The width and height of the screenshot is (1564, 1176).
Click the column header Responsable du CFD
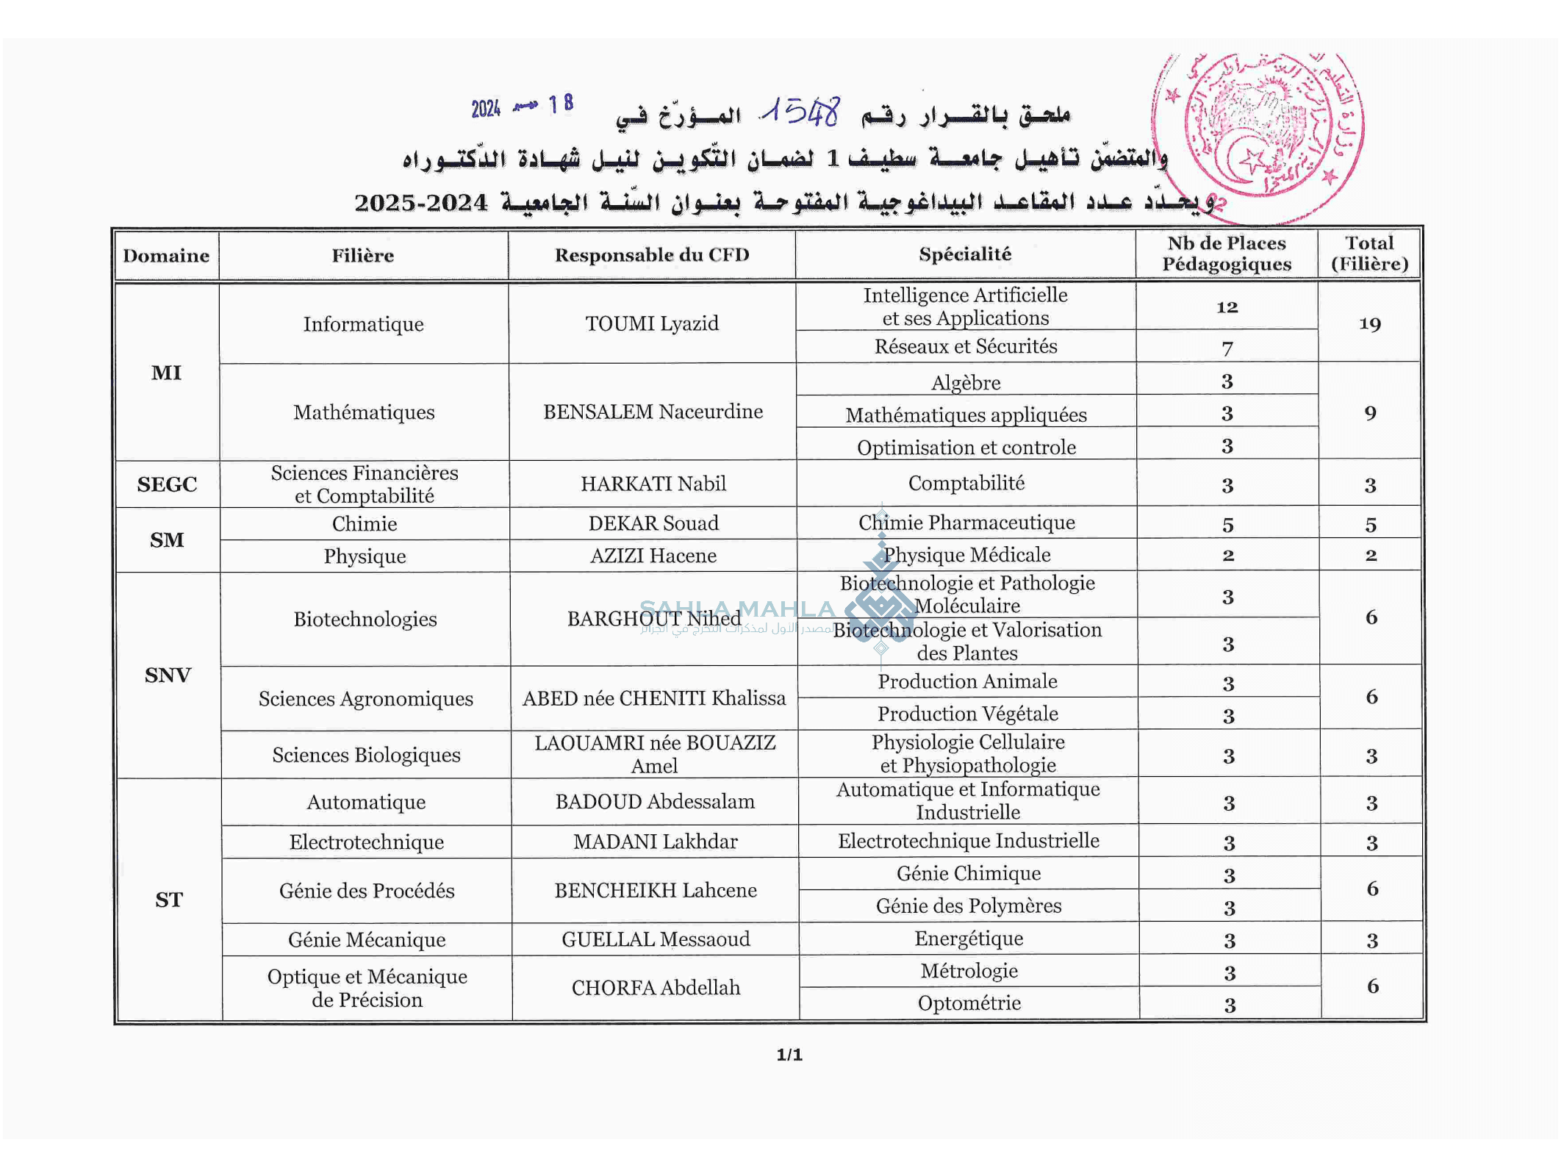pyautogui.click(x=652, y=255)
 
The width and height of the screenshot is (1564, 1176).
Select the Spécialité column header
pyautogui.click(x=965, y=254)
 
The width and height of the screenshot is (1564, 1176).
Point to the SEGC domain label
pyautogui.click(x=167, y=484)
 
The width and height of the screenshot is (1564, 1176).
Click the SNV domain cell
pyautogui.click(x=168, y=675)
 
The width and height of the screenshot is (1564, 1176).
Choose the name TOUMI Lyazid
pyautogui.click(x=652, y=323)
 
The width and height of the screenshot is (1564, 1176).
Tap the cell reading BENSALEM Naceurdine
pyautogui.click(x=653, y=412)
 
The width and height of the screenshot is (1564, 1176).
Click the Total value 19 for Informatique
pyautogui.click(x=1370, y=323)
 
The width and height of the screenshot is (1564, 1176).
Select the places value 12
pyautogui.click(x=1227, y=307)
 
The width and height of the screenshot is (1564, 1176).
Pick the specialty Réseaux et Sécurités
pyautogui.click(x=966, y=346)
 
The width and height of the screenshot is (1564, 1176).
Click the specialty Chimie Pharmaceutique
pyautogui.click(x=966, y=523)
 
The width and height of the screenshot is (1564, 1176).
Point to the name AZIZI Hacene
pyautogui.click(x=653, y=556)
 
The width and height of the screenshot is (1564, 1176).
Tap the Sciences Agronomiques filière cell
pyautogui.click(x=365, y=698)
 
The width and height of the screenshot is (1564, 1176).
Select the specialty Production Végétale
pyautogui.click(x=967, y=714)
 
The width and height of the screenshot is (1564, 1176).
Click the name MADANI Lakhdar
pyautogui.click(x=655, y=842)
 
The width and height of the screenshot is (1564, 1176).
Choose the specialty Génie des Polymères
pyautogui.click(x=968, y=906)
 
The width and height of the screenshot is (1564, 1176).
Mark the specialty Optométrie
pyautogui.click(x=969, y=1003)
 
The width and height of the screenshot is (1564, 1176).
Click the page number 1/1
pyautogui.click(x=789, y=1055)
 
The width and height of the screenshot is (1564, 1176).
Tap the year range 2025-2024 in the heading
pyautogui.click(x=420, y=203)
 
